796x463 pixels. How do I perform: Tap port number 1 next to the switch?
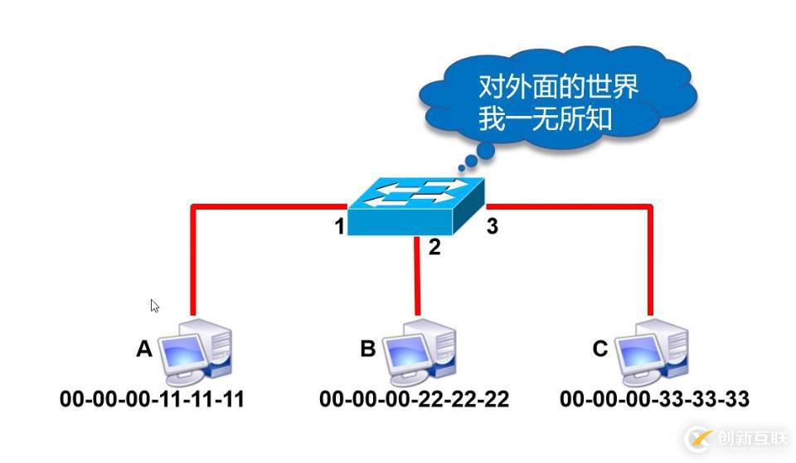point(340,225)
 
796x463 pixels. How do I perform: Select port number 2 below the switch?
point(434,246)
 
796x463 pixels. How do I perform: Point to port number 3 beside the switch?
point(492,226)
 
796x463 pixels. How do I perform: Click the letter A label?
point(144,350)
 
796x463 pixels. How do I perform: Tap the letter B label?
point(367,349)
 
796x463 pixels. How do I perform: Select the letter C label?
point(600,349)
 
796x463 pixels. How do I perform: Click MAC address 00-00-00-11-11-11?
point(152,399)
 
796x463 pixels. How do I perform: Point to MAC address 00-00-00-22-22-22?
point(414,399)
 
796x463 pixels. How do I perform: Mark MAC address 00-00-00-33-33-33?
point(654,399)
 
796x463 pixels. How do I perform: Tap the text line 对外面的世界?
point(558,85)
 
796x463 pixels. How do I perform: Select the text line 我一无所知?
point(545,118)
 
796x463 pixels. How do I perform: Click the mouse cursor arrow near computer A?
point(154,305)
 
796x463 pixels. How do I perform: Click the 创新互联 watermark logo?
point(734,438)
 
